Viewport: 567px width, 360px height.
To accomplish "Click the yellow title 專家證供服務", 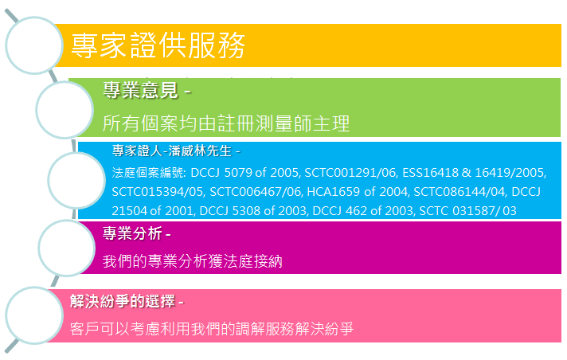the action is [x=158, y=45].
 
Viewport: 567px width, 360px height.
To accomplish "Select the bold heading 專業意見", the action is [x=141, y=90].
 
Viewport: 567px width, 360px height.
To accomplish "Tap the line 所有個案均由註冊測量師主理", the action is [x=226, y=123].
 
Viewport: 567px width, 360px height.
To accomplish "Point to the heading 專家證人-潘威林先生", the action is [x=172, y=151].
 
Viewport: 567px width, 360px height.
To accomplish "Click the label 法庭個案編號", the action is [x=148, y=173].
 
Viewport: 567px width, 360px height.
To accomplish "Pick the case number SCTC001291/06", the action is [x=350, y=173].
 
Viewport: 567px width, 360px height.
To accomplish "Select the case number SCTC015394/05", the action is [x=158, y=192].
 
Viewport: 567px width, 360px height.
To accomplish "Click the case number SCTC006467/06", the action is [x=256, y=192].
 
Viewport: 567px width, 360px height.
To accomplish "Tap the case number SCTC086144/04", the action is [x=459, y=192].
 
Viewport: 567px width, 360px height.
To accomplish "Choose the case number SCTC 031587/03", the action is [x=467, y=210].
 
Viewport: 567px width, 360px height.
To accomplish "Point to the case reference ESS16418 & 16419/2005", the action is [x=474, y=173].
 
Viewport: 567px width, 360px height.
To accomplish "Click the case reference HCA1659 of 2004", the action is [x=358, y=192].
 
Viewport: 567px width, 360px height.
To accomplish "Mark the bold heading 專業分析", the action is [x=132, y=233].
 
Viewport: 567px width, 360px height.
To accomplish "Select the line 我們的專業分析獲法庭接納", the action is [x=193, y=261].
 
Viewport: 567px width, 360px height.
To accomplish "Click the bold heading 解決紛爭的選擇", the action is [x=123, y=301].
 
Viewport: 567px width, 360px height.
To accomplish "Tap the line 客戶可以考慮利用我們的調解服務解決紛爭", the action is [x=212, y=329].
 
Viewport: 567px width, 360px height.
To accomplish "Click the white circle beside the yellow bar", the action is [x=34, y=45].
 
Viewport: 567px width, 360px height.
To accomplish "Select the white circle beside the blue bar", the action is [x=76, y=180].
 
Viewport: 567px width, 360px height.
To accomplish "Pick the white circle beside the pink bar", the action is [x=34, y=315].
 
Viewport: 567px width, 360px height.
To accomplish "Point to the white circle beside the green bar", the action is [x=65, y=110].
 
